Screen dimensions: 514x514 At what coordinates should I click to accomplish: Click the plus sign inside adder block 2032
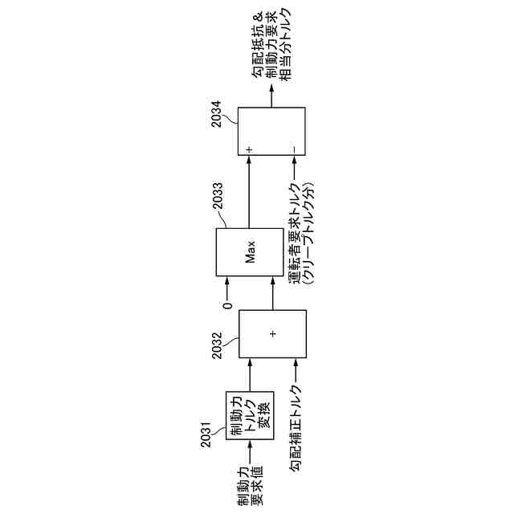pyautogui.click(x=272, y=332)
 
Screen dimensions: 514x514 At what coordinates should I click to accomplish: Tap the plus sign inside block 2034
pyautogui.click(x=249, y=149)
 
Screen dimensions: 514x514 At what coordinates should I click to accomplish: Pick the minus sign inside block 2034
pyautogui.click(x=295, y=149)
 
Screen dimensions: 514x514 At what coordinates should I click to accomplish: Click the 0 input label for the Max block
pyautogui.click(x=227, y=304)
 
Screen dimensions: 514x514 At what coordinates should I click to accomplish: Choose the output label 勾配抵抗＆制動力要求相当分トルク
pyautogui.click(x=272, y=44)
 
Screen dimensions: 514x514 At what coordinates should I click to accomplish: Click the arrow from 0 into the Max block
pyautogui.click(x=227, y=288)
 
